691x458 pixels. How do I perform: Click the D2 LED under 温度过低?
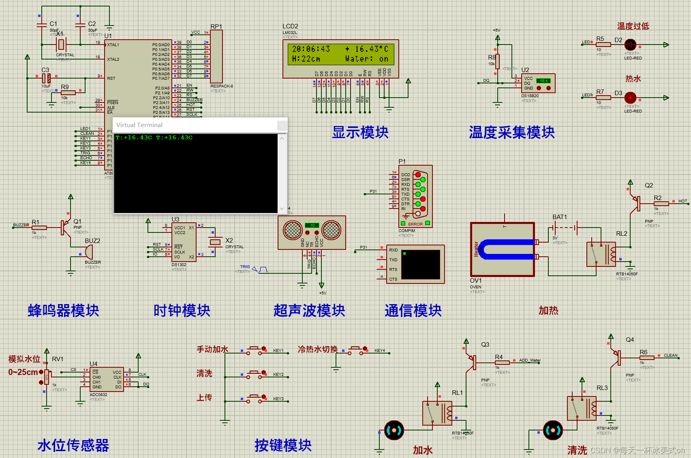click(630, 45)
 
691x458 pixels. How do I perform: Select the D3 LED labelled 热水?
click(630, 98)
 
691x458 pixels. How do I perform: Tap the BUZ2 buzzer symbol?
click(88, 252)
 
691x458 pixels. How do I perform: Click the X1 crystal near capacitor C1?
click(61, 44)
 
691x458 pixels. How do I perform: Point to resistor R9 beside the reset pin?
click(68, 93)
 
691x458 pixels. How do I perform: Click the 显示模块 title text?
click(360, 132)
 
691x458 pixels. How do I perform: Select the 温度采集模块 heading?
click(511, 132)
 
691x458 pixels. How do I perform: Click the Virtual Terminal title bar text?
click(139, 125)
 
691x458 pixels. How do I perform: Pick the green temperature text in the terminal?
click(154, 138)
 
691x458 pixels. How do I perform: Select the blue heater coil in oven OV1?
click(507, 249)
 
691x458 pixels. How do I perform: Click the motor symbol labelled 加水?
click(394, 430)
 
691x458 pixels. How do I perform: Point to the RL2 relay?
click(601, 254)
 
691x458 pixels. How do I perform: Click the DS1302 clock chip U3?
click(184, 242)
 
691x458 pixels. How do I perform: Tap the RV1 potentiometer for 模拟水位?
click(47, 377)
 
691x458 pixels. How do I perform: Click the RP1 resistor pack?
click(216, 57)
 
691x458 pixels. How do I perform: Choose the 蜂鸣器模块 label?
click(63, 311)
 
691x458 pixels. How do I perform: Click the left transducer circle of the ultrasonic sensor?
click(293, 230)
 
